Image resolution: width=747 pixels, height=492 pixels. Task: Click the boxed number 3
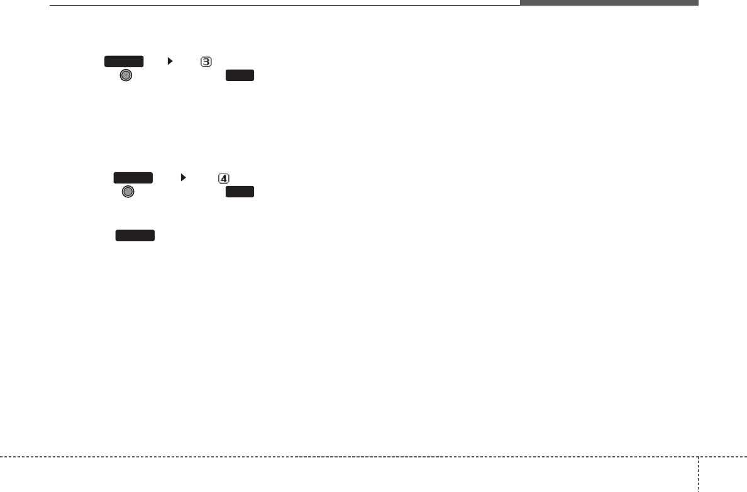(206, 62)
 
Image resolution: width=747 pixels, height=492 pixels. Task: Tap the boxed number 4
(223, 178)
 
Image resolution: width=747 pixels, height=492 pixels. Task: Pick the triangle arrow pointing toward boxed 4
(183, 178)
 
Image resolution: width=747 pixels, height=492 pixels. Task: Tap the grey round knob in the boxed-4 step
(128, 192)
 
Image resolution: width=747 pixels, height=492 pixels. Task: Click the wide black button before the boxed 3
(124, 62)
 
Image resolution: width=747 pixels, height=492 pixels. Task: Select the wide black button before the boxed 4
(133, 178)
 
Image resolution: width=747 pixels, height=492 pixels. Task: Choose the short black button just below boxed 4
(240, 192)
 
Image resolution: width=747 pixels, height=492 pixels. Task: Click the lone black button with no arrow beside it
(135, 236)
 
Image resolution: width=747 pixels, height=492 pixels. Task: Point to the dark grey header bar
(609, 3)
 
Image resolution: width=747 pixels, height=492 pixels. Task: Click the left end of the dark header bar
(522, 3)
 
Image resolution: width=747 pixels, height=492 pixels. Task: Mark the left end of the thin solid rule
(51, 6)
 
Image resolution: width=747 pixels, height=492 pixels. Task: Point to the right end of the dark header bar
(697, 3)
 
